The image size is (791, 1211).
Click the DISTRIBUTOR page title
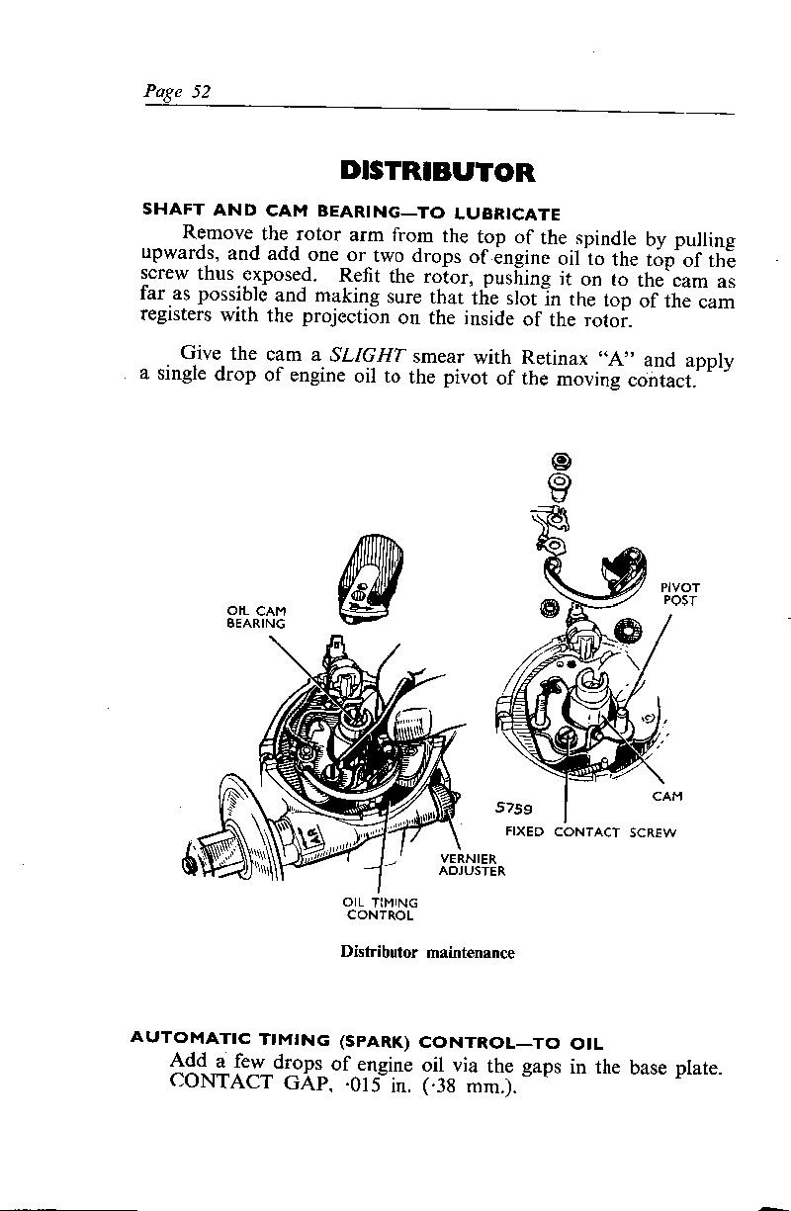pyautogui.click(x=436, y=172)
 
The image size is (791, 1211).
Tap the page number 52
pyautogui.click(x=201, y=91)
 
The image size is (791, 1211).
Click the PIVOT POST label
pyautogui.click(x=680, y=593)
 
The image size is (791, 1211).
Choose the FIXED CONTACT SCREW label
pyautogui.click(x=590, y=831)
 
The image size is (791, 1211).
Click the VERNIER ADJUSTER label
pyautogui.click(x=473, y=864)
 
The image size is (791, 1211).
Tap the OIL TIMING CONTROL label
pyautogui.click(x=380, y=908)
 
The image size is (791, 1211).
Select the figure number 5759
pyautogui.click(x=515, y=809)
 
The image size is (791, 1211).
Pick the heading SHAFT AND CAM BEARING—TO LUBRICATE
pyautogui.click(x=352, y=212)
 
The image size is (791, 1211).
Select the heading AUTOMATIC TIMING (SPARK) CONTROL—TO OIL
pyautogui.click(x=367, y=1041)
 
